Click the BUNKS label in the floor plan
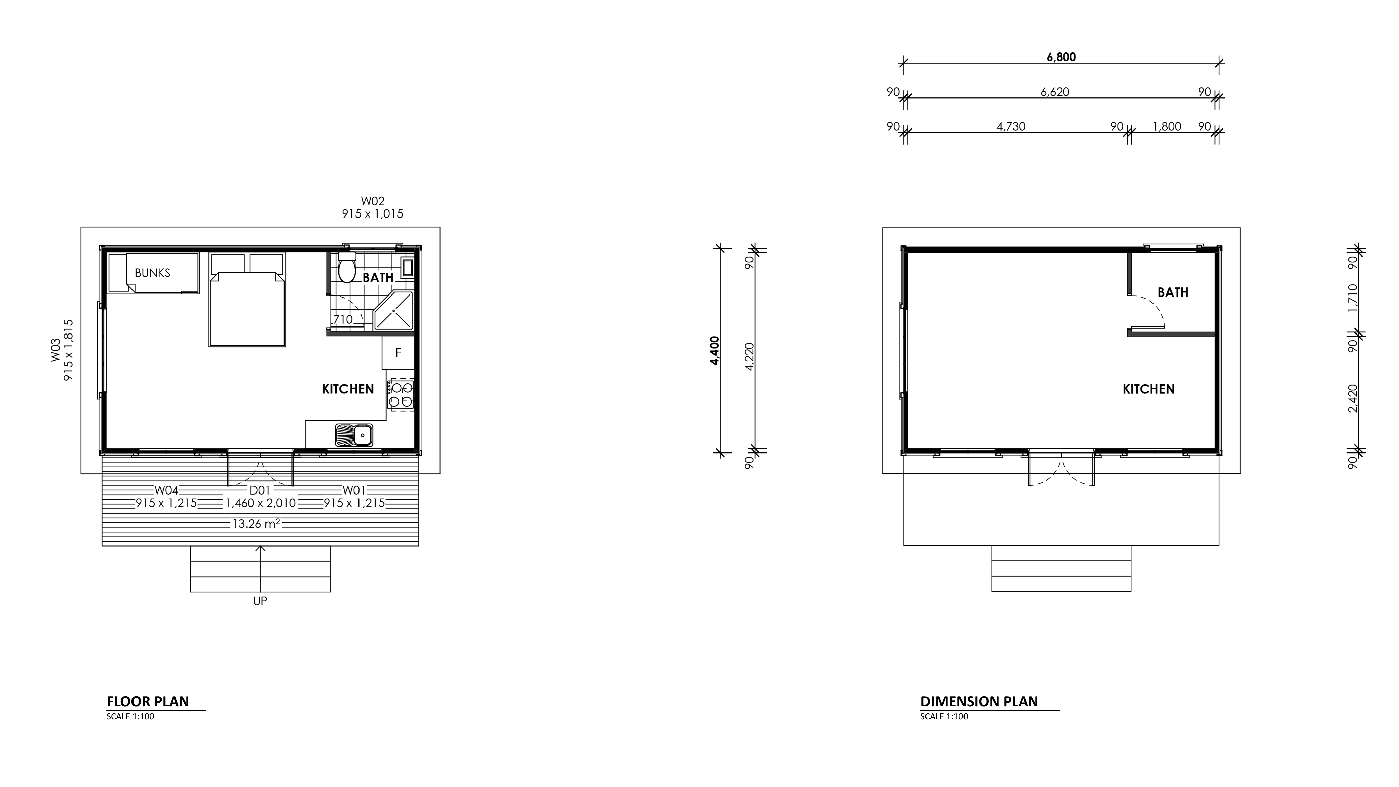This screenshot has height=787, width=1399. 153,273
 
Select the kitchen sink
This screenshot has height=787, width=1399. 353,435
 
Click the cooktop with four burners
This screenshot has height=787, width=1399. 401,395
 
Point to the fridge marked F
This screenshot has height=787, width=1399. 398,353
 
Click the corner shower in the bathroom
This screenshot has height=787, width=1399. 394,311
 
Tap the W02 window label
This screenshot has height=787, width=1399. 373,201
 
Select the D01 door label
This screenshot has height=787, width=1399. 260,490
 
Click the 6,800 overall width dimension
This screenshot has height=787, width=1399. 1061,57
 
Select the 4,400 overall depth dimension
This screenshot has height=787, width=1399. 714,351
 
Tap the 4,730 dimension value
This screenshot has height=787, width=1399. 1011,126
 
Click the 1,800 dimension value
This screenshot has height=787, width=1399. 1167,126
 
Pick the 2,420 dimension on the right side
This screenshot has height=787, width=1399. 1353,398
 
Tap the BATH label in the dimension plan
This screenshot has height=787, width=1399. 1173,292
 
